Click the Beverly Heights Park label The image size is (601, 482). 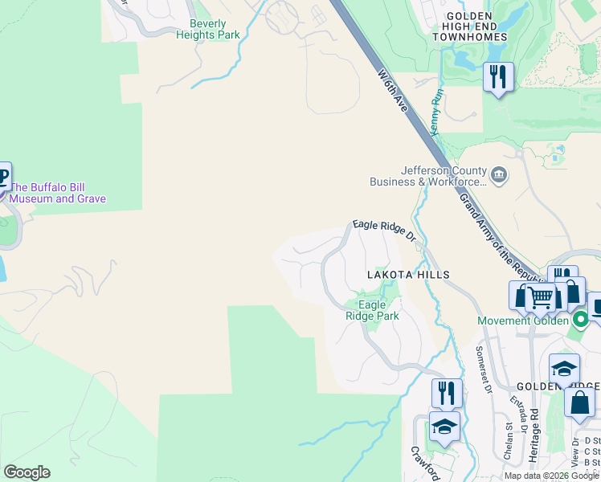208,30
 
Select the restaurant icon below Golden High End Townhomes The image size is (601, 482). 498,77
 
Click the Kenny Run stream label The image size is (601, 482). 436,112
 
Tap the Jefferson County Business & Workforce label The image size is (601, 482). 428,176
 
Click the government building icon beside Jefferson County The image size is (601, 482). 500,175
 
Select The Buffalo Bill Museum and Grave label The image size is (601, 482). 57,193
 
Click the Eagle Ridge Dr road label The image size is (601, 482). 383,231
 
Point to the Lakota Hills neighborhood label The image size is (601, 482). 408,275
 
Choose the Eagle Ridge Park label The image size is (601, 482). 372,310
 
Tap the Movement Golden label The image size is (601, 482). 523,321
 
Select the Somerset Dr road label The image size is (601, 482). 484,370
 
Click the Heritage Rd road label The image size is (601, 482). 534,435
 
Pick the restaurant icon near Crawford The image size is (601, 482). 446,393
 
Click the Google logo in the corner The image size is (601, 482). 27,472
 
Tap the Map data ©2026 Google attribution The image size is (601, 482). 551,476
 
